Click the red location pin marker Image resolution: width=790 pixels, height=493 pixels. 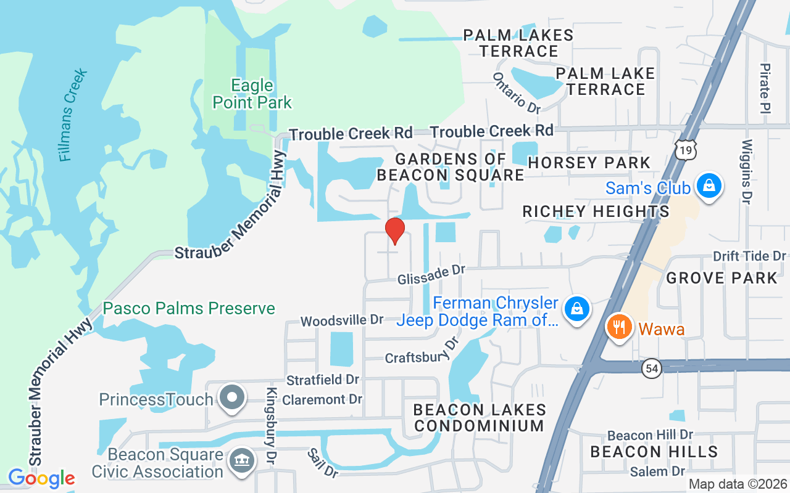click(x=395, y=230)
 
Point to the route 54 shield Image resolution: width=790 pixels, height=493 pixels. click(x=651, y=369)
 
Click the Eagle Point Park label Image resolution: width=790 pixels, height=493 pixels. click(x=252, y=94)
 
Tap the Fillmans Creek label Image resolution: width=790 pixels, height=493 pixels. click(x=73, y=116)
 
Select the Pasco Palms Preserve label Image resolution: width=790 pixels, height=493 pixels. click(x=189, y=308)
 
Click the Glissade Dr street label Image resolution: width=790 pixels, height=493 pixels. click(x=431, y=275)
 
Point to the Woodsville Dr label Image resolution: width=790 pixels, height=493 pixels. click(x=342, y=320)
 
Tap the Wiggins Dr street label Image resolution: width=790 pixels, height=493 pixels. click(x=747, y=171)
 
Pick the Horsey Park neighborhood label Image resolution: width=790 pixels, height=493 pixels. click(x=589, y=163)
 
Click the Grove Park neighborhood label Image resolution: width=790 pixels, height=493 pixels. click(x=721, y=278)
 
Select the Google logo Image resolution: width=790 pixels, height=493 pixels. click(x=41, y=478)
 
